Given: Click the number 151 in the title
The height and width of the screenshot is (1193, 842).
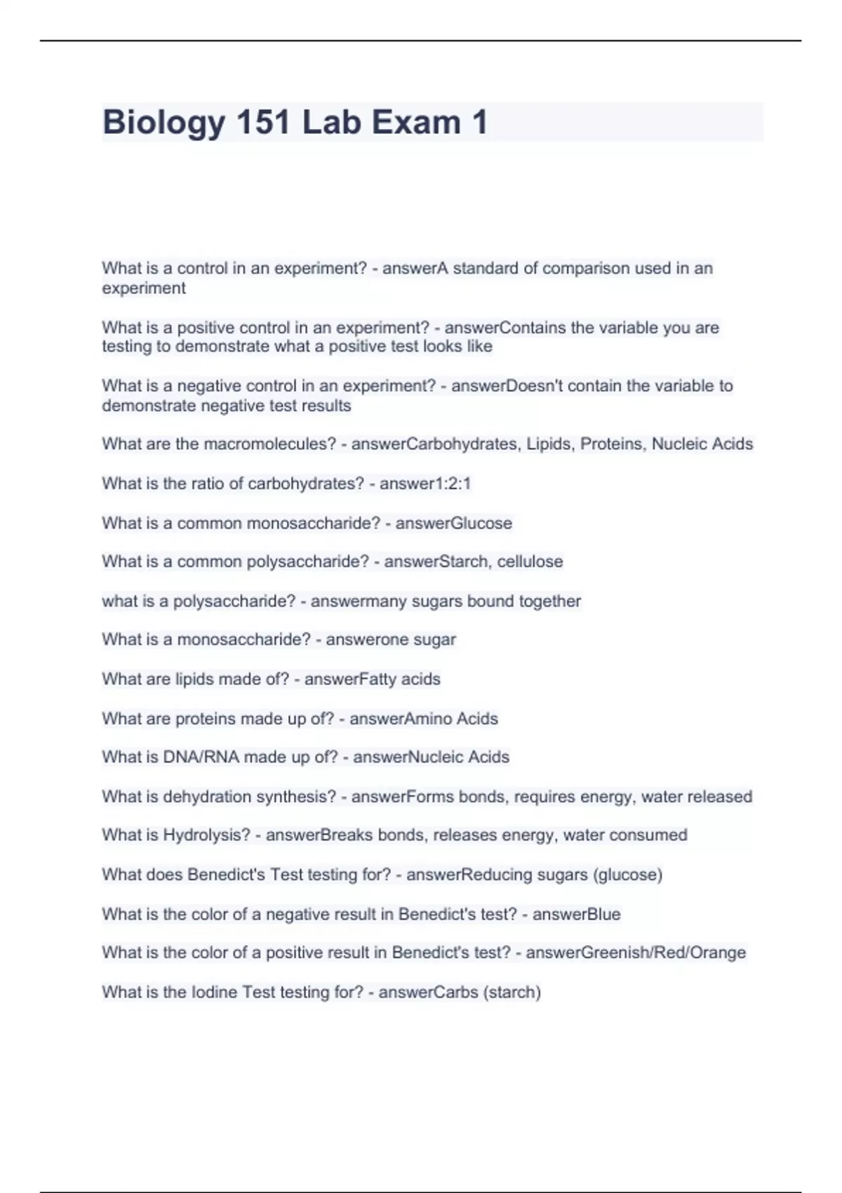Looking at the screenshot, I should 263,123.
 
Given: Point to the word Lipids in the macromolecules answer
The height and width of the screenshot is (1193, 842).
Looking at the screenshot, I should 549,444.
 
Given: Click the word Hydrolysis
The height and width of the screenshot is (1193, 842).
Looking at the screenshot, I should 206,835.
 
